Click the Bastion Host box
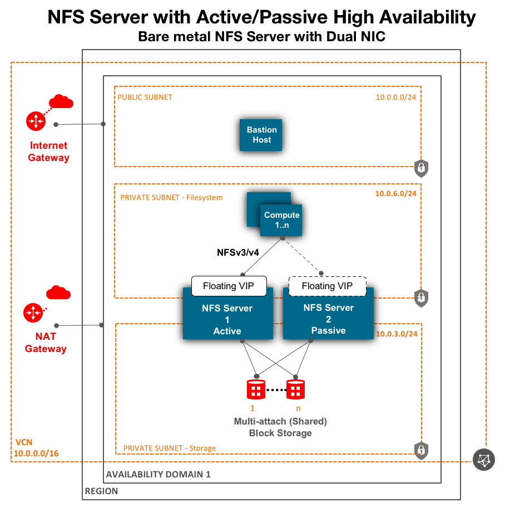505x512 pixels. (x=261, y=135)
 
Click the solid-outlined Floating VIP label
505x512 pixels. (x=229, y=286)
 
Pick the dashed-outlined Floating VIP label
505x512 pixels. (x=328, y=286)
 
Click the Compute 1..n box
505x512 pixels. (x=281, y=220)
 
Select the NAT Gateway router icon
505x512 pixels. (x=33, y=313)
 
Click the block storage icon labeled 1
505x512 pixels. (x=256, y=389)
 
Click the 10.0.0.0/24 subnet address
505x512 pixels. (x=396, y=97)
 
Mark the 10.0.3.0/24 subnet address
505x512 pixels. (x=397, y=333)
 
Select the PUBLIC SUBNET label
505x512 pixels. (x=145, y=97)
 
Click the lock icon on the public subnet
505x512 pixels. (x=421, y=167)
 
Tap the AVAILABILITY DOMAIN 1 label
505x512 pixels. (x=159, y=475)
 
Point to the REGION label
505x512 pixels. (x=101, y=491)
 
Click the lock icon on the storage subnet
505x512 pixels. (x=421, y=449)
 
